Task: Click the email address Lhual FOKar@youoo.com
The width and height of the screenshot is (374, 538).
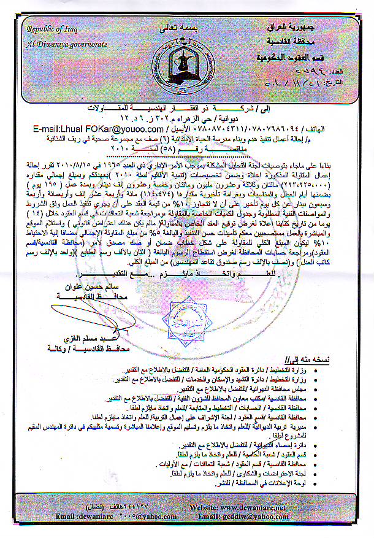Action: pyautogui.click(x=94, y=129)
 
